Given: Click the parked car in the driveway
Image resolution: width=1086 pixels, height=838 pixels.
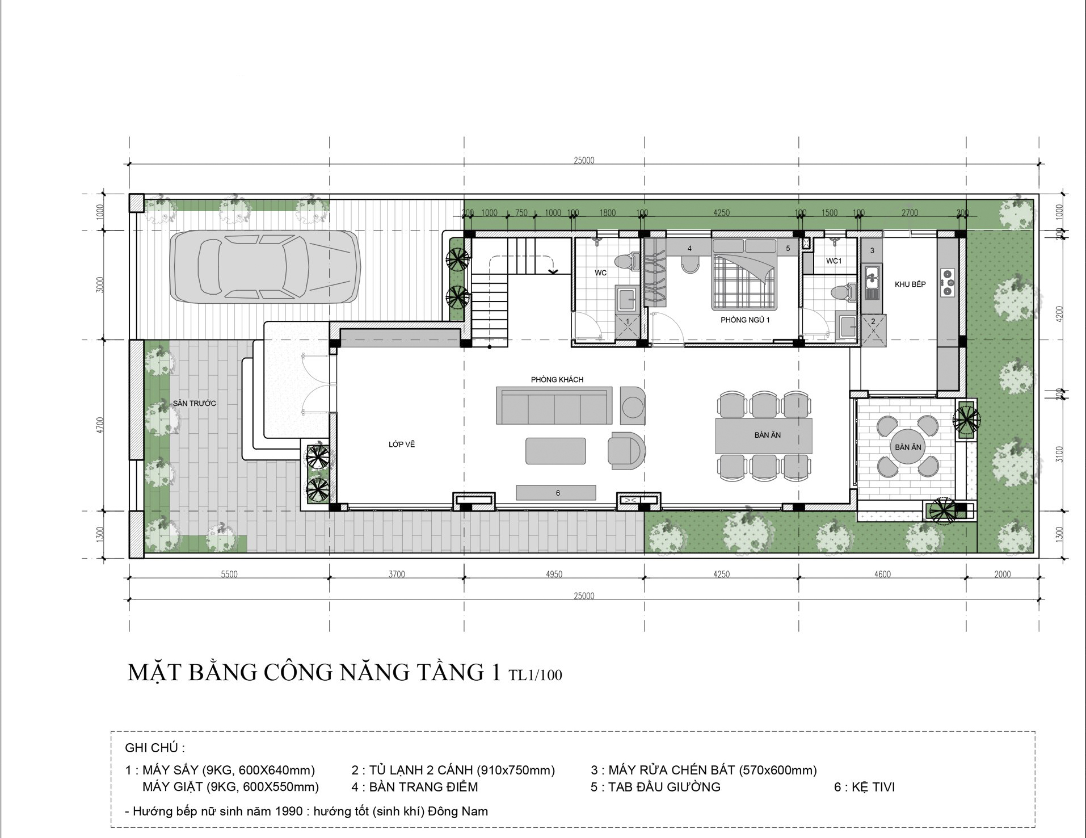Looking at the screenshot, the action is (266, 266).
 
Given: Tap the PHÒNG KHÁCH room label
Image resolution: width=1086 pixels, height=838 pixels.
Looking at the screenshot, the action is (557, 379).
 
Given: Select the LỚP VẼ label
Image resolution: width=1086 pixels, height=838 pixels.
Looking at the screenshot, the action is (402, 444).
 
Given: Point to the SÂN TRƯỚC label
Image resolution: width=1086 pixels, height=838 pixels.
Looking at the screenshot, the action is (195, 403).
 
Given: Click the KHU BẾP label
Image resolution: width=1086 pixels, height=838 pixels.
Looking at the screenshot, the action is (910, 284).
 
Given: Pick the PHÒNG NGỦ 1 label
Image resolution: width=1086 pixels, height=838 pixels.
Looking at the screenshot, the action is (745, 320).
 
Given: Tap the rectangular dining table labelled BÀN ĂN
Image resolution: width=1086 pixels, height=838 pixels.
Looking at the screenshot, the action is (764, 435).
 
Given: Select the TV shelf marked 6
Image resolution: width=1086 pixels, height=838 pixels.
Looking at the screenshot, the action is (556, 492).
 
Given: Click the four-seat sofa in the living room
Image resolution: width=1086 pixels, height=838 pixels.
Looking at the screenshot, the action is (554, 405).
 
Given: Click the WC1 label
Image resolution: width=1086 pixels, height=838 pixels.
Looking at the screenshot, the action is (834, 261).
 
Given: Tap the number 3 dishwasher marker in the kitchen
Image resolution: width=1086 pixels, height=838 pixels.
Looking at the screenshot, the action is (872, 250).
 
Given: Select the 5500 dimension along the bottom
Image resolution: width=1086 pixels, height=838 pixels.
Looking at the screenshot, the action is (229, 574).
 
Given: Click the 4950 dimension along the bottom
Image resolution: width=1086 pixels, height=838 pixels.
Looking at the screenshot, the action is (554, 574).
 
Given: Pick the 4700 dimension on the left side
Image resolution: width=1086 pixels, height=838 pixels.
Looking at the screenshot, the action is (100, 425).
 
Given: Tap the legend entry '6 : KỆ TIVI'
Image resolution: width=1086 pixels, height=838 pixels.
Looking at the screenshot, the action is (864, 787).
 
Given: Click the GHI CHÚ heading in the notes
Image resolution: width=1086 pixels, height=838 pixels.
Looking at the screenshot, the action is (155, 748).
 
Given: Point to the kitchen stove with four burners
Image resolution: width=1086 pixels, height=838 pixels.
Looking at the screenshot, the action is (947, 282).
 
